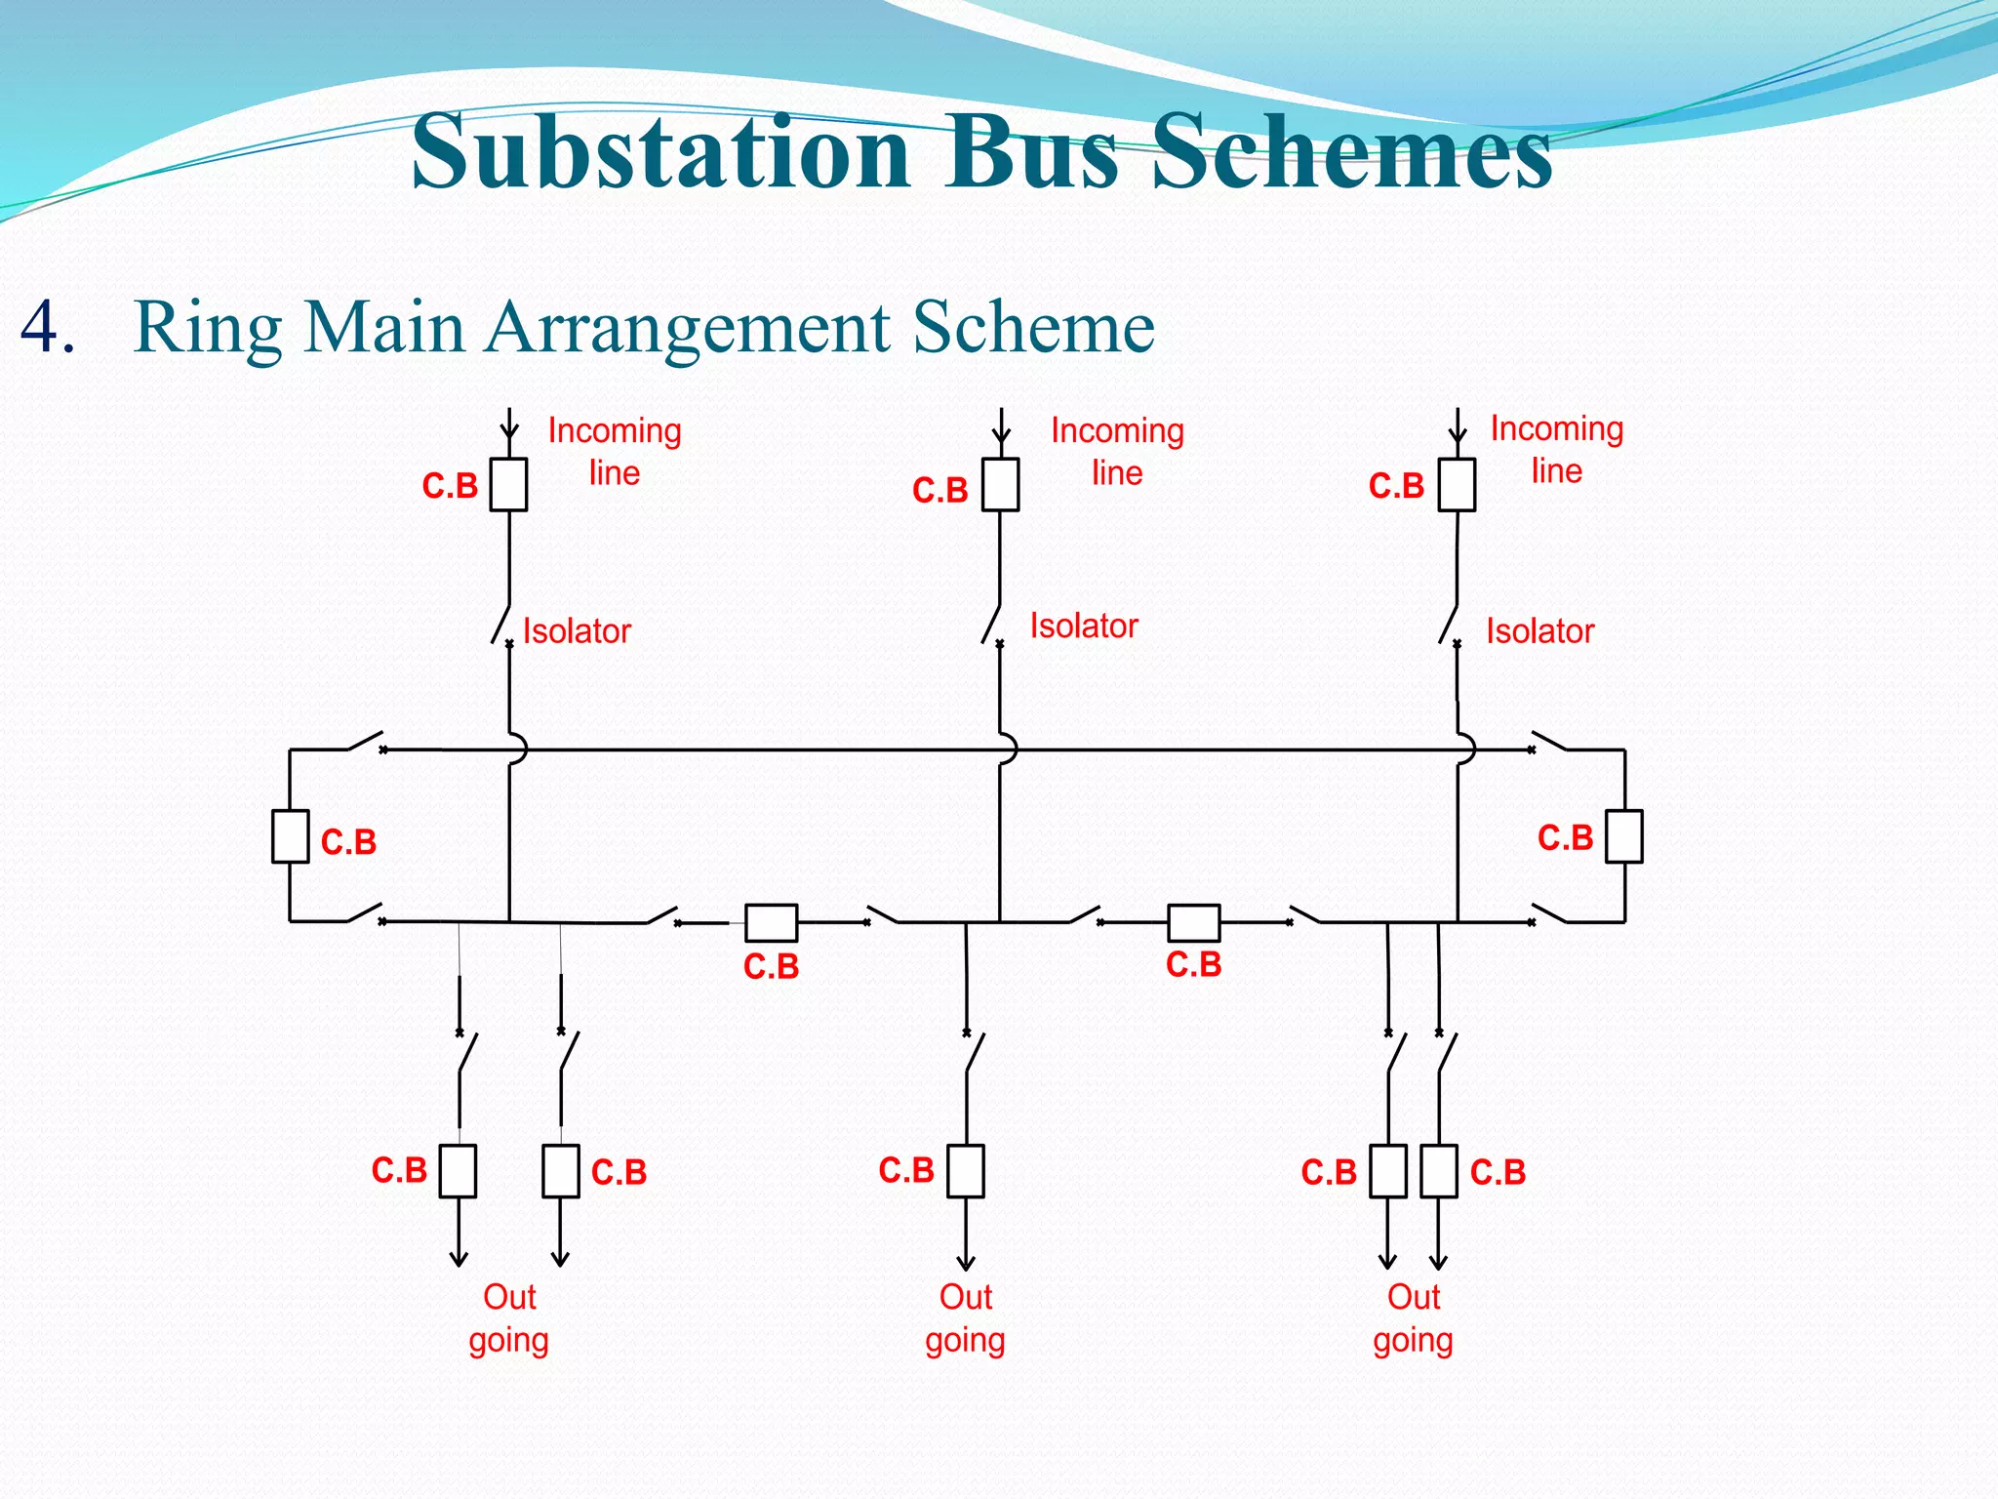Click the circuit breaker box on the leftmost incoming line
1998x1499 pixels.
tap(508, 484)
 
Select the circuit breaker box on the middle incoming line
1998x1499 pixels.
tap(1000, 484)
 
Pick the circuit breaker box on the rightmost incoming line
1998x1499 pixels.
tap(1457, 484)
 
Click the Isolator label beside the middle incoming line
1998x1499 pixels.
tap(1084, 626)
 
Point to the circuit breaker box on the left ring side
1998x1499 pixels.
tap(290, 836)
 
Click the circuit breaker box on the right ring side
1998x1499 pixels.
tap(1624, 836)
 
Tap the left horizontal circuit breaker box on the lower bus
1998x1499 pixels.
tap(771, 922)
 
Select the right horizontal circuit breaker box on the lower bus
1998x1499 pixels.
tap(1193, 922)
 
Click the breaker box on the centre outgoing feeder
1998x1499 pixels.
tap(966, 1170)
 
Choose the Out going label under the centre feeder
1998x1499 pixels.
tap(965, 1318)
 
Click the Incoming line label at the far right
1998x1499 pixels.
tap(1556, 449)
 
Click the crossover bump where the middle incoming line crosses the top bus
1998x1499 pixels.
tap(1008, 749)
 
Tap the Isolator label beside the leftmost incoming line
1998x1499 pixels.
tap(577, 631)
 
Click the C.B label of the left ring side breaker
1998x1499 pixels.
tap(348, 841)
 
